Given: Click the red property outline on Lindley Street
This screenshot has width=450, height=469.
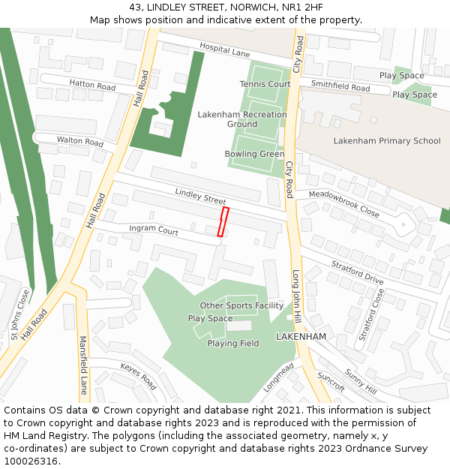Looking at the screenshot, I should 223,222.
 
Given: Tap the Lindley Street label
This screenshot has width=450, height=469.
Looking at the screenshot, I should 200,197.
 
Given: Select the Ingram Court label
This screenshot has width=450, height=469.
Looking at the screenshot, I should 154,230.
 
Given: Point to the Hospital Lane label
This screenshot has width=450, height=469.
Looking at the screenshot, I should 224,50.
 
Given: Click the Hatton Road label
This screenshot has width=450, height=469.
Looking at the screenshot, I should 92,86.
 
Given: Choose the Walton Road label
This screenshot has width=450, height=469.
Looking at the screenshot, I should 80,141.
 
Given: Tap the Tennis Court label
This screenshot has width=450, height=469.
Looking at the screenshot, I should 265,84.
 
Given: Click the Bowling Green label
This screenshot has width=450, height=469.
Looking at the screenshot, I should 254,154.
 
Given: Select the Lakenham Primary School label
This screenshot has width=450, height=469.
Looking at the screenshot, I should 387,140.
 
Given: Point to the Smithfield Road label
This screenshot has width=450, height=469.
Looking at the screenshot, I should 340,87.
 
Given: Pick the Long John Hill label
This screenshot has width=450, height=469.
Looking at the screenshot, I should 296,297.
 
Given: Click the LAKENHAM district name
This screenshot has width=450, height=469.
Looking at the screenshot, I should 301,337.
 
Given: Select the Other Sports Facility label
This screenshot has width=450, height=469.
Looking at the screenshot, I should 241,305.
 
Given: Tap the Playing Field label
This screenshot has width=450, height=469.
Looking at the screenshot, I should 233,343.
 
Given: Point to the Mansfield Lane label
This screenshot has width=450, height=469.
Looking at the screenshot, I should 83,365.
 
